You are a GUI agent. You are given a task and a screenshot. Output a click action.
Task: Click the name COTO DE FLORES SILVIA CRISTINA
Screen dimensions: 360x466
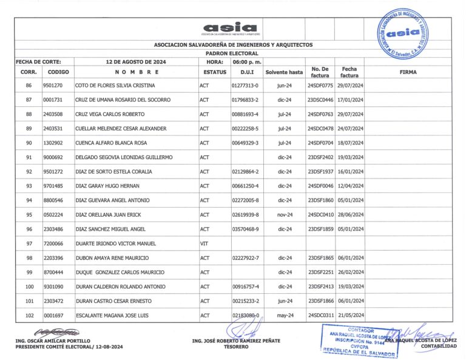click(x=115, y=86)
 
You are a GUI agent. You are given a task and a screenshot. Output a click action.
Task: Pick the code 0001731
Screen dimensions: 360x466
click(x=53, y=100)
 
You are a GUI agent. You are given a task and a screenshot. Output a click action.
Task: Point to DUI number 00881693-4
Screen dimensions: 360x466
click(x=245, y=114)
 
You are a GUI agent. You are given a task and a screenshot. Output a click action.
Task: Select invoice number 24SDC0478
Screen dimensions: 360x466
click(x=320, y=129)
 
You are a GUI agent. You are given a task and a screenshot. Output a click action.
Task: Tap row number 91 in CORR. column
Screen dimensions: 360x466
click(x=29, y=157)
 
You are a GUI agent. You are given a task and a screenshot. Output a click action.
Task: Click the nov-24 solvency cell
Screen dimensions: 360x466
click(x=285, y=215)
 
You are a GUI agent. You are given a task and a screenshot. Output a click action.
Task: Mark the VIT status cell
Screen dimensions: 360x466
click(x=204, y=243)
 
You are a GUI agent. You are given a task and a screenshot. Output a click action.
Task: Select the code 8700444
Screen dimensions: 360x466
click(x=53, y=272)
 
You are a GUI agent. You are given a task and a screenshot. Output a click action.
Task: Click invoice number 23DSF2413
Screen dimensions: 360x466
click(x=320, y=287)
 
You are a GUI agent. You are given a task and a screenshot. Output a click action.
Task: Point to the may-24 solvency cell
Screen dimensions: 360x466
click(x=285, y=316)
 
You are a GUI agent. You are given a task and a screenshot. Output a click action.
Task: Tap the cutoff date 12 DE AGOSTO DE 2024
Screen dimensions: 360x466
click(x=136, y=62)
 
